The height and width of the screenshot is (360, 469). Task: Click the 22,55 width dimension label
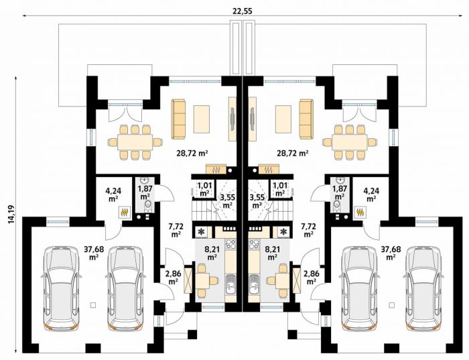coord(243,11)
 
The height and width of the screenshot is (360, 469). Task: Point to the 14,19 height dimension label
coord(11,215)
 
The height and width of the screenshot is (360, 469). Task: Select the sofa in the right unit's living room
coord(306,119)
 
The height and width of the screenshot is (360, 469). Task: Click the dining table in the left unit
coord(135,142)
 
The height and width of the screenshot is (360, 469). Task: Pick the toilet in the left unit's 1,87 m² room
coord(147,205)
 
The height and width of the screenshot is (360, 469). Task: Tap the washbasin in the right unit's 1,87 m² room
coord(339,181)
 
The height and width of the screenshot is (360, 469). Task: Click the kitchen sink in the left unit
coord(230,285)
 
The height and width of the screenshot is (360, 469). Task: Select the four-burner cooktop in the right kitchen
coord(254,244)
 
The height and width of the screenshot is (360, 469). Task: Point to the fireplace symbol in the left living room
coord(216,170)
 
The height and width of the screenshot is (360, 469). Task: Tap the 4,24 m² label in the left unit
coord(113,194)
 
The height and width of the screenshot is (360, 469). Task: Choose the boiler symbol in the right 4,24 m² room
coord(360,212)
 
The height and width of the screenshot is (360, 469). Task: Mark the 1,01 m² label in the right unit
coord(280,189)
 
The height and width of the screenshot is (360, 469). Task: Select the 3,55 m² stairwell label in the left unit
coord(227,201)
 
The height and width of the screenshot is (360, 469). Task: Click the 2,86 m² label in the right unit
coord(311,277)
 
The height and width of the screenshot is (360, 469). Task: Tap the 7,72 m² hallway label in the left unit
coord(176,230)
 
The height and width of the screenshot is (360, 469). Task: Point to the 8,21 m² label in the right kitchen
coord(272,253)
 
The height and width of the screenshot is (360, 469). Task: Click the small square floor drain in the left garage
coord(92,305)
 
